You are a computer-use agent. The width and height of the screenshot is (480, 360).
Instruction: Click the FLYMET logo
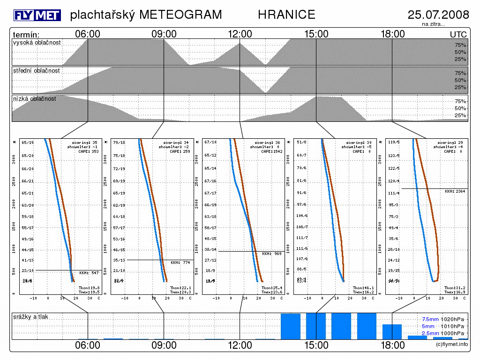coord(37,15)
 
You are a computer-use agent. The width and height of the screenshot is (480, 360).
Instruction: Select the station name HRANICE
coord(286,15)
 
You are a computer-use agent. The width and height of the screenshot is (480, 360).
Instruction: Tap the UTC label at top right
coord(458,35)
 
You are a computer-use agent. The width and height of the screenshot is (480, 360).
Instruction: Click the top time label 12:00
coord(240,34)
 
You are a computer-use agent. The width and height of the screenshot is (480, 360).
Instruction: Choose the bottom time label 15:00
coord(316,345)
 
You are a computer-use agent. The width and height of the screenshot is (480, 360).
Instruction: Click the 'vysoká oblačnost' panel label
coord(37,43)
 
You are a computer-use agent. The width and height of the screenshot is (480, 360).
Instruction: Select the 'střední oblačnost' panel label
coord(37,70)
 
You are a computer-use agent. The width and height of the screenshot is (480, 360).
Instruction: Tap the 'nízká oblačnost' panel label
coord(35,99)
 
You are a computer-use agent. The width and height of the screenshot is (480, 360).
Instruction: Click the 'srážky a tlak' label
coord(31,317)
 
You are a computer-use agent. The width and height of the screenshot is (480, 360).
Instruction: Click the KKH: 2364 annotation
coord(455,191)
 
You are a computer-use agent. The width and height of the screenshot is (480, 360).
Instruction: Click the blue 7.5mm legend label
coord(430,319)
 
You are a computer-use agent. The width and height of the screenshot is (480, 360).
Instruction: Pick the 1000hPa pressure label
coord(455,333)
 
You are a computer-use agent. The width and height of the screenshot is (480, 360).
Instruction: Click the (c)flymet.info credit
coord(452,345)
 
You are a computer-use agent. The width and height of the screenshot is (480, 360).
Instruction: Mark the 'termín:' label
coord(26,35)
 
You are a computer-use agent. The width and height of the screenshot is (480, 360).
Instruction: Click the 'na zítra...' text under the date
coord(433,24)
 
